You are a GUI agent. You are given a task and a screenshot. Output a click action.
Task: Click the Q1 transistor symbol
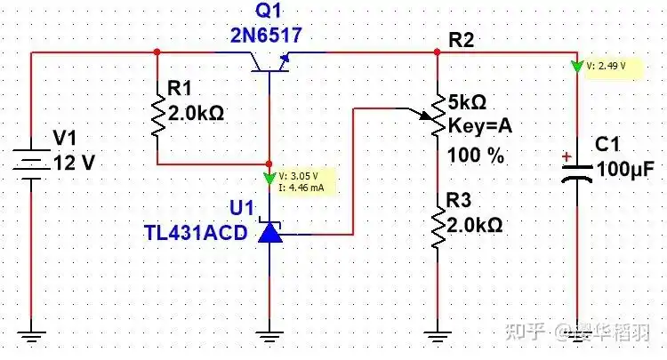pos(269,61)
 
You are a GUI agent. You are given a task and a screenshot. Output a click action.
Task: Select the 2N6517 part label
pos(267,35)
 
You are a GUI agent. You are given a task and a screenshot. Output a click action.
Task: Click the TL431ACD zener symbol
pos(269,233)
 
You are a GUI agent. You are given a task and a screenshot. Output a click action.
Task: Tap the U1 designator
pos(242,208)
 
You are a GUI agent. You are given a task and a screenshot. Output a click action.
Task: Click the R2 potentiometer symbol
pos(437,116)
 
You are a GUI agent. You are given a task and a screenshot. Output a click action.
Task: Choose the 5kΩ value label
pos(472,100)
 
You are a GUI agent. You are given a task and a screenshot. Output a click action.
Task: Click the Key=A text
pos(480,125)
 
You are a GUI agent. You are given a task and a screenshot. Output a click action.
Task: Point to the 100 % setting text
pos(477,156)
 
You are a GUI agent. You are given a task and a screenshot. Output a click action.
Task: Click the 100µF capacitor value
pos(626,168)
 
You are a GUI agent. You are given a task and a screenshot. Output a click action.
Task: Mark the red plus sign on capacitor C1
pos(566,157)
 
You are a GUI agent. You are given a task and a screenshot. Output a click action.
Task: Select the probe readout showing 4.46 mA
pos(301,188)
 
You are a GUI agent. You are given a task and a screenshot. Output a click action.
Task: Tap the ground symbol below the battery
pos(32,336)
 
